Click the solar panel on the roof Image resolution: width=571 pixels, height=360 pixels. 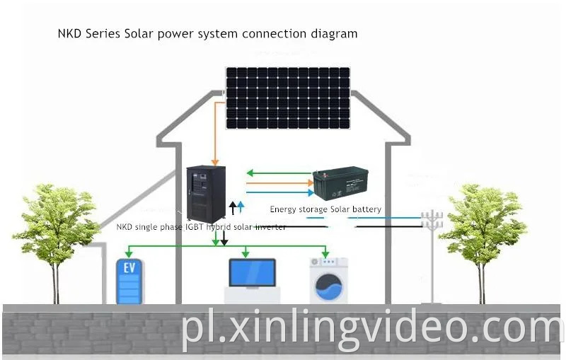[289, 98]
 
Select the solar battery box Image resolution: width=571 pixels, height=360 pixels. [341, 185]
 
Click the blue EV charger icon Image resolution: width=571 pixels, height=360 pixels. [129, 281]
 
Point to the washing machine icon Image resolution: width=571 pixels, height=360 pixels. [329, 280]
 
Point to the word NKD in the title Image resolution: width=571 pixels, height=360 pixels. [69, 33]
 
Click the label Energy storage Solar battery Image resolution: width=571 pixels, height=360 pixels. [325, 209]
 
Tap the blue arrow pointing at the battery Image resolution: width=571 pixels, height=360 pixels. [309, 191]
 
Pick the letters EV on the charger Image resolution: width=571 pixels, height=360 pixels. [129, 268]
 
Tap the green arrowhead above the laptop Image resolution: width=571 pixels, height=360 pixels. [246, 253]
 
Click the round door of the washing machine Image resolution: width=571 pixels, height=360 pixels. [329, 289]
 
